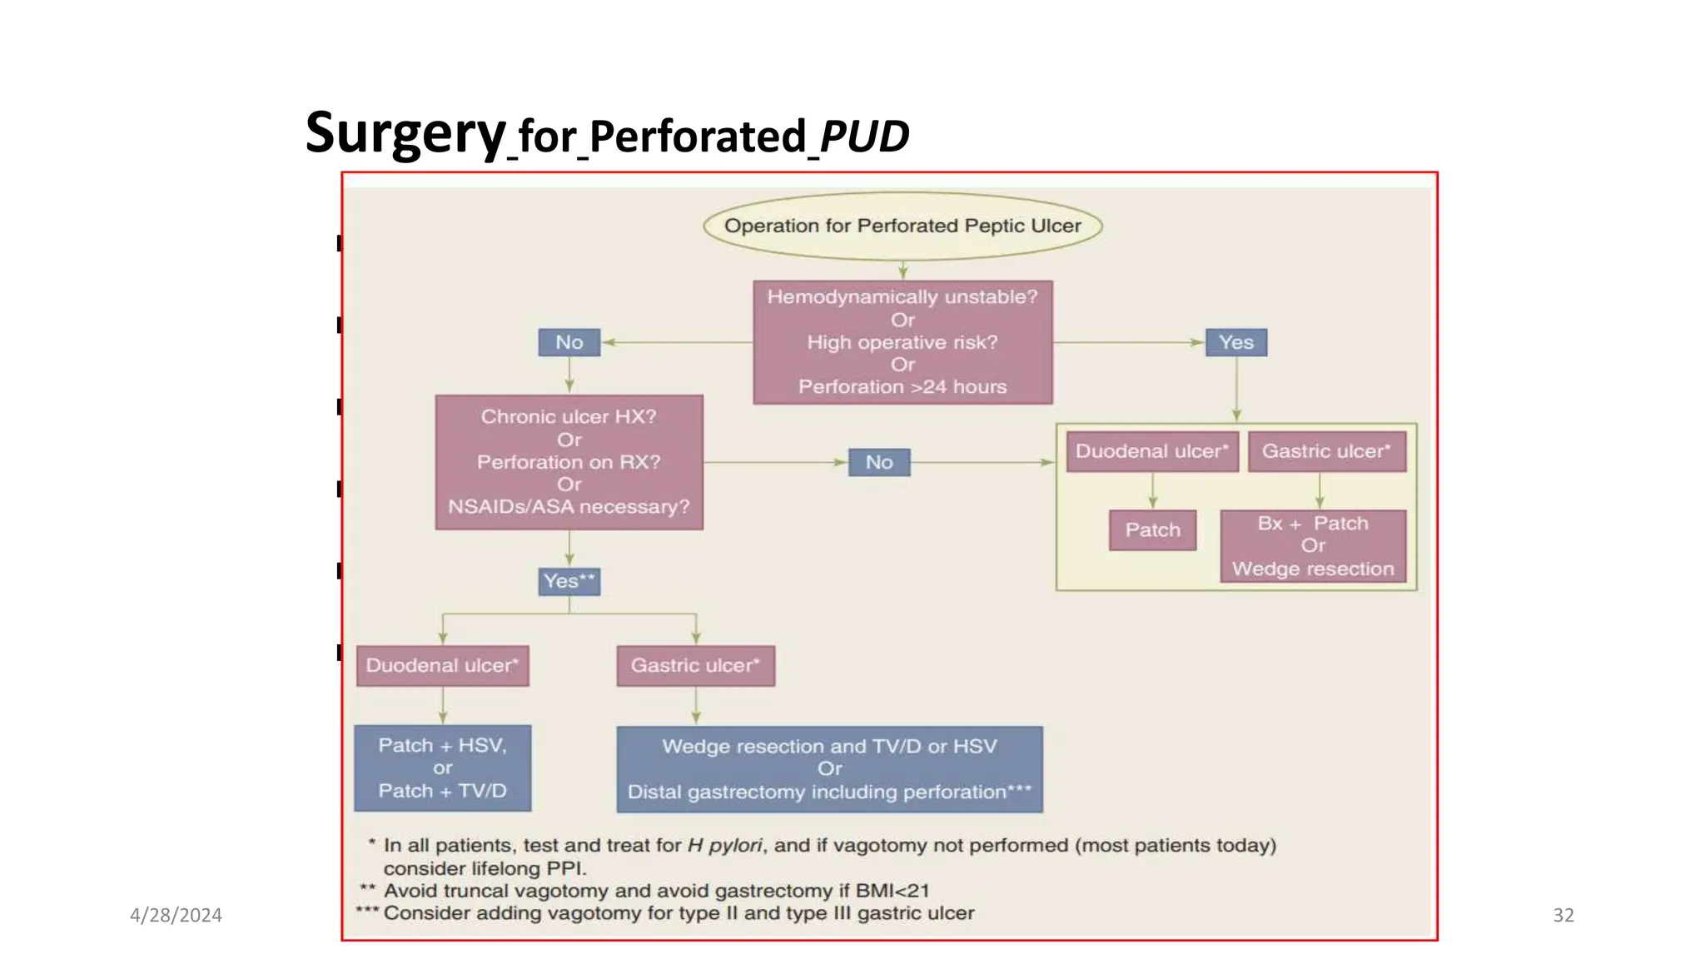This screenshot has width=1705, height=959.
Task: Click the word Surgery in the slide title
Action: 405,133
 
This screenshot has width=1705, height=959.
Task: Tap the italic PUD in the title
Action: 864,137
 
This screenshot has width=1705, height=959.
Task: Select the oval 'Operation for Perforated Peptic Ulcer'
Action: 902,226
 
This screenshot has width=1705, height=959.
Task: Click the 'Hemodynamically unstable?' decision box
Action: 902,342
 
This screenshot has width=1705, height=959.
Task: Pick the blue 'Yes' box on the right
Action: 1236,342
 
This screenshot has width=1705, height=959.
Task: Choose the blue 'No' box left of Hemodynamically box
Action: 569,342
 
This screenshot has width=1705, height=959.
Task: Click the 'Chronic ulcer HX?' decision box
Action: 569,462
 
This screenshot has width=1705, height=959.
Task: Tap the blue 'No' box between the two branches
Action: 879,462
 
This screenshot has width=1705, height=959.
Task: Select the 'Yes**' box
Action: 569,581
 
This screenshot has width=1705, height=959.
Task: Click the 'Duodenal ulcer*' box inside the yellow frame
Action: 1152,451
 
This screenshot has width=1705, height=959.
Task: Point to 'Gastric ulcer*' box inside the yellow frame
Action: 1326,451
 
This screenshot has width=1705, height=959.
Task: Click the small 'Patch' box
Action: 1152,530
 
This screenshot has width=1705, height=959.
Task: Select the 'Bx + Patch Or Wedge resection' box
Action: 1313,546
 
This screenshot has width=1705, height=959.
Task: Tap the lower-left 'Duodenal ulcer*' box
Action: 442,666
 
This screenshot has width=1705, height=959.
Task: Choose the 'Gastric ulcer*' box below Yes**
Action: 695,666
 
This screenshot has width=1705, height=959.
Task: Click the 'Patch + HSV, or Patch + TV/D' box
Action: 442,768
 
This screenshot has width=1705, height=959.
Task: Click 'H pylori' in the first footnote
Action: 724,846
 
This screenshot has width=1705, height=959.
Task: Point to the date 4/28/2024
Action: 176,916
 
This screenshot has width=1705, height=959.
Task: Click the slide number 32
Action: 1563,916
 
